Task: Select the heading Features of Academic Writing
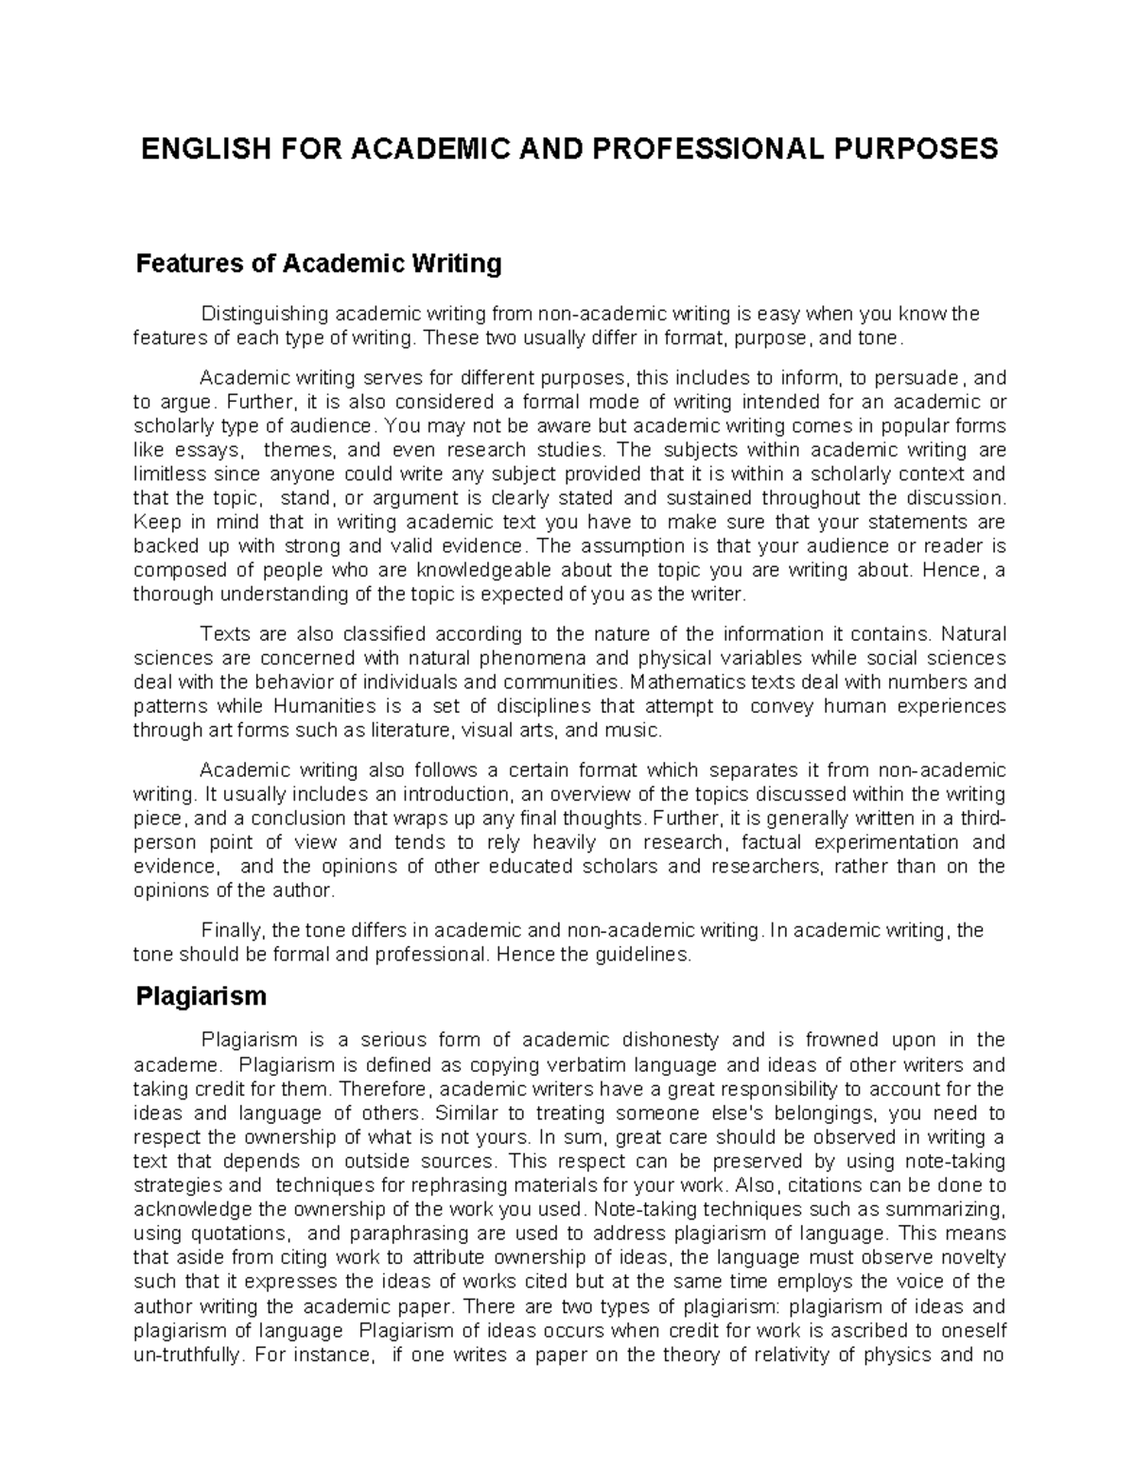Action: [319, 263]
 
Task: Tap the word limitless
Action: [166, 475]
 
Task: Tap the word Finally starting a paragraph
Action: [228, 930]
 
